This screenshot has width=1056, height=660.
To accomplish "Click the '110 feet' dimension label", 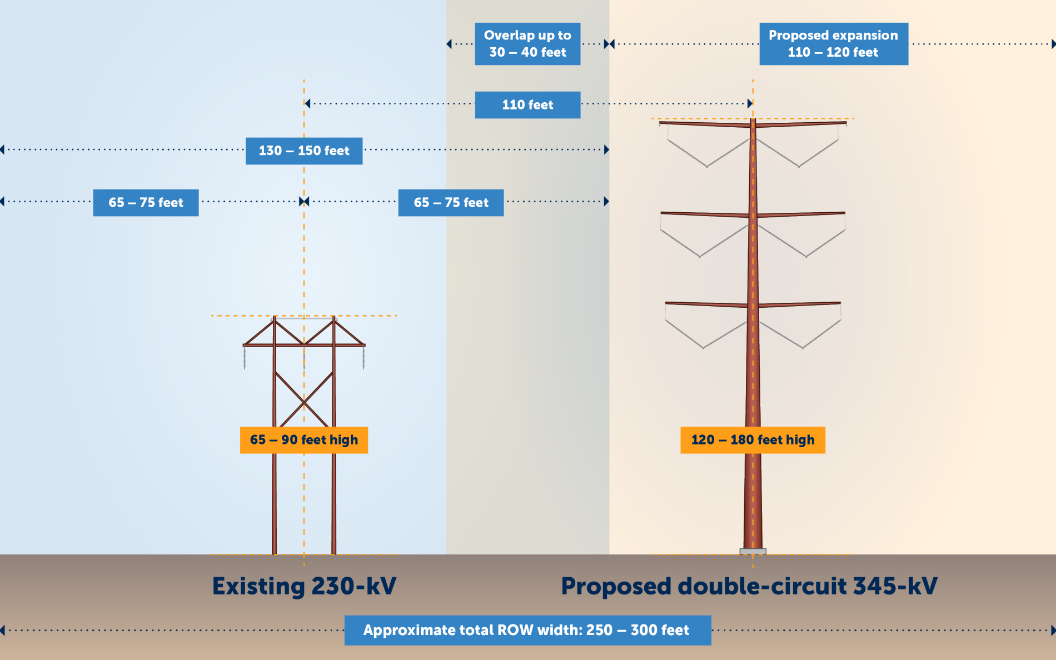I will pyautogui.click(x=527, y=104).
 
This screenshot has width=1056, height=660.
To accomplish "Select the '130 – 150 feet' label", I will pyautogui.click(x=304, y=151).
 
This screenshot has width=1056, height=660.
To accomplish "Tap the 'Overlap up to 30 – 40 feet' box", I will pyautogui.click(x=527, y=44).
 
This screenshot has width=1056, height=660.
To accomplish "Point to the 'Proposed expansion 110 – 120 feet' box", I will pyautogui.click(x=834, y=44).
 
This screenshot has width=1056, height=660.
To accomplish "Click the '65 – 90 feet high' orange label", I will pyautogui.click(x=304, y=440).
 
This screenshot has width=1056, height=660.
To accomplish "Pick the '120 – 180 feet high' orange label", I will pyautogui.click(x=753, y=440).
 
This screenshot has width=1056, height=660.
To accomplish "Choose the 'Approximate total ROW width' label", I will pyautogui.click(x=527, y=630).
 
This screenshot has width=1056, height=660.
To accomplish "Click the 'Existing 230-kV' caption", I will pyautogui.click(x=304, y=586).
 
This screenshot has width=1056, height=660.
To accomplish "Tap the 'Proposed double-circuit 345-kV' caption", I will pyautogui.click(x=749, y=586).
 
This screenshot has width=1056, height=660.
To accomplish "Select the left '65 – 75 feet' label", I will pyautogui.click(x=146, y=203).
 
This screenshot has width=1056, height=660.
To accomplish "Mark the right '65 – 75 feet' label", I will pyautogui.click(x=451, y=203).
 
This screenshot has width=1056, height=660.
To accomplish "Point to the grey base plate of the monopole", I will pyautogui.click(x=753, y=551).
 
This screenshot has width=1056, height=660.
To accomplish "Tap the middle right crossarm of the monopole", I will pyautogui.click(x=800, y=214).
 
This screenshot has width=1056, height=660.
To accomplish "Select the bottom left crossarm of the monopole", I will pyautogui.click(x=706, y=304).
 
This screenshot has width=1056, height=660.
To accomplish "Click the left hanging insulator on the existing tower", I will pyautogui.click(x=245, y=358).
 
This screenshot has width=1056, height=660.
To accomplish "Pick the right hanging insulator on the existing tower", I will pyautogui.click(x=364, y=358).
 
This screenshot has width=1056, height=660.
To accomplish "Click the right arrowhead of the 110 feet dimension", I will pyautogui.click(x=750, y=103).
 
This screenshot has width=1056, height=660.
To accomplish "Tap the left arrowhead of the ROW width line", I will pyautogui.click(x=3, y=630).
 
